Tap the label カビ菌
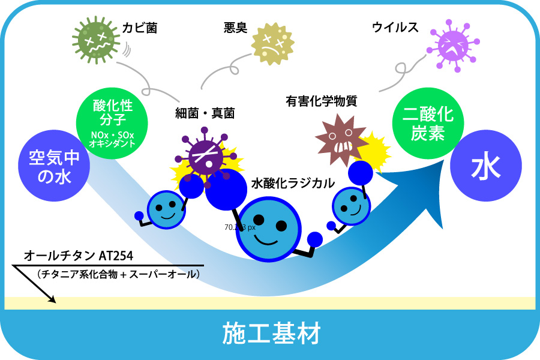click(139, 28)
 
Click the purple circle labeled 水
click(486, 168)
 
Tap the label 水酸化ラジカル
click(292, 184)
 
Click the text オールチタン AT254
click(79, 257)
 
